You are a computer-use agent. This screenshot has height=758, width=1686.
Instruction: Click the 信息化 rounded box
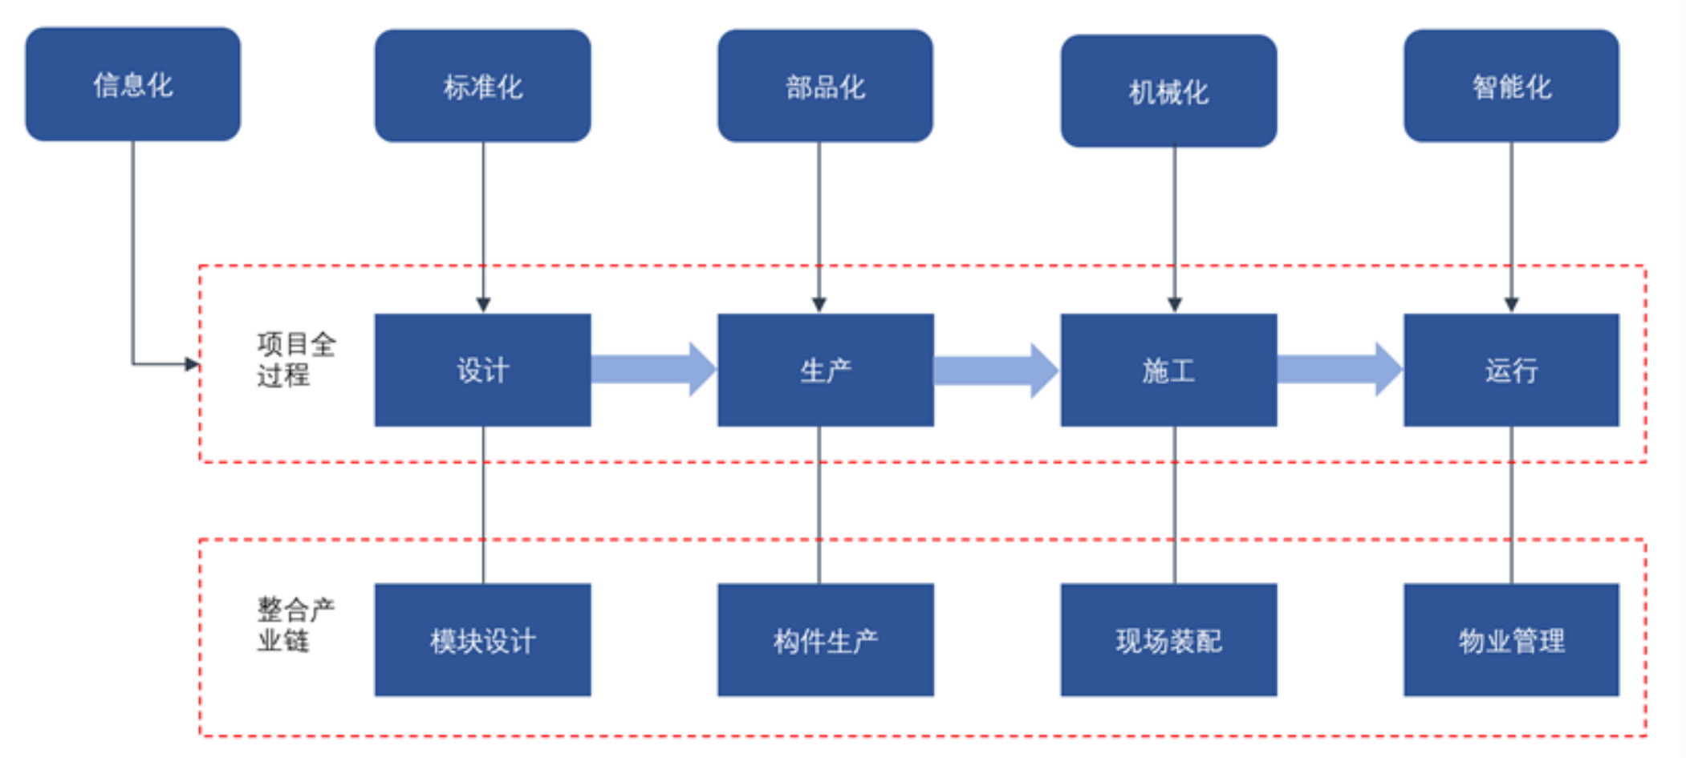click(132, 84)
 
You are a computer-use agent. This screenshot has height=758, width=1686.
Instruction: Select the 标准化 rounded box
click(482, 86)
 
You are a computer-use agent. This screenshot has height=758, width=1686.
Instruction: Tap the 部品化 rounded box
click(825, 86)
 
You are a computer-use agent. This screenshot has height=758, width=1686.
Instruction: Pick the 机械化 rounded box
click(1168, 91)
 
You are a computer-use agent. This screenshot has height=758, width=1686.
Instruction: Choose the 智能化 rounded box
click(1511, 86)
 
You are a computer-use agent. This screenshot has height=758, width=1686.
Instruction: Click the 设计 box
click(482, 370)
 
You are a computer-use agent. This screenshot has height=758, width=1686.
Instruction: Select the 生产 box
click(825, 370)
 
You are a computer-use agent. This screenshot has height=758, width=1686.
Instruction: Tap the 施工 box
click(1168, 370)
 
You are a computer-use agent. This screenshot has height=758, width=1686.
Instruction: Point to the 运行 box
click(1511, 370)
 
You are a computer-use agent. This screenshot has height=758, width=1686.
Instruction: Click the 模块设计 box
click(482, 640)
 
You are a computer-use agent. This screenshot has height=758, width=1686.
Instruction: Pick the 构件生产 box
click(825, 640)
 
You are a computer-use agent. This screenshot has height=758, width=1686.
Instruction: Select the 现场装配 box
click(1168, 640)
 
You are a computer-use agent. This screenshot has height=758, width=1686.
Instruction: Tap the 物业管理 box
click(1511, 640)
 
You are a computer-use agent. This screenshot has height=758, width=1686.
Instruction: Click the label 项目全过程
click(295, 359)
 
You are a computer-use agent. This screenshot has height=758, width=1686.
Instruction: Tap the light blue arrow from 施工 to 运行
click(1339, 369)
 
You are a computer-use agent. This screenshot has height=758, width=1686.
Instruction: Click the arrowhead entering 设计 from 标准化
click(483, 305)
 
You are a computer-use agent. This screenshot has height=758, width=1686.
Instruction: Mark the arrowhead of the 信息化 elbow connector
click(192, 364)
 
